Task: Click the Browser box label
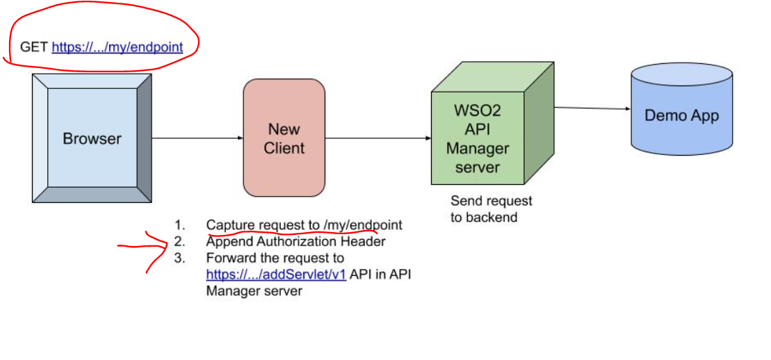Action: (92, 139)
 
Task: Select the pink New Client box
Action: (284, 138)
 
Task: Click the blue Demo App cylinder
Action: (681, 115)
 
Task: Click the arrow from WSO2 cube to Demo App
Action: (592, 108)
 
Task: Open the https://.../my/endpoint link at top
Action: (117, 47)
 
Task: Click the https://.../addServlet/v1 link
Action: (276, 275)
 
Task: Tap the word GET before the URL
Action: (34, 47)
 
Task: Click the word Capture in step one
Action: (230, 225)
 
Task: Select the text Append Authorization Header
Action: (295, 242)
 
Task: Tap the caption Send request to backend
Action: (491, 209)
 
